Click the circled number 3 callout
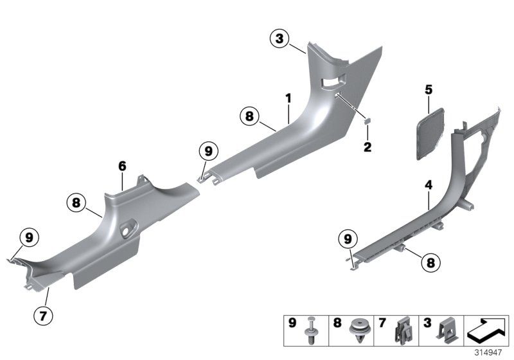pyautogui.click(x=279, y=40)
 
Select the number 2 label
pyautogui.click(x=368, y=147)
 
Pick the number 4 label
pyautogui.click(x=428, y=185)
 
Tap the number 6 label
pyautogui.click(x=121, y=166)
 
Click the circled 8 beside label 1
pyautogui.click(x=248, y=117)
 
